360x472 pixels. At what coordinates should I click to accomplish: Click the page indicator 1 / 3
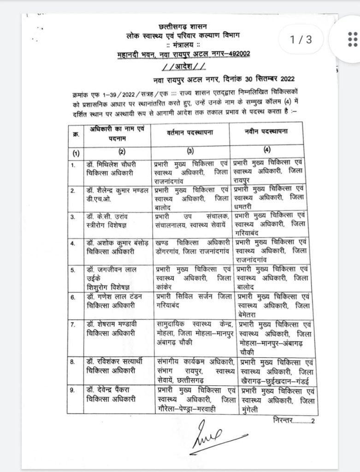[x=301, y=40]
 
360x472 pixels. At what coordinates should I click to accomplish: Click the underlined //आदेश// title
[x=183, y=64]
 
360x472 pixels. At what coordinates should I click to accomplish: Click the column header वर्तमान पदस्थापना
[x=191, y=133]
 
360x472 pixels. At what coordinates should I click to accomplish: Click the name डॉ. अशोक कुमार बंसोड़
[x=118, y=242]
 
